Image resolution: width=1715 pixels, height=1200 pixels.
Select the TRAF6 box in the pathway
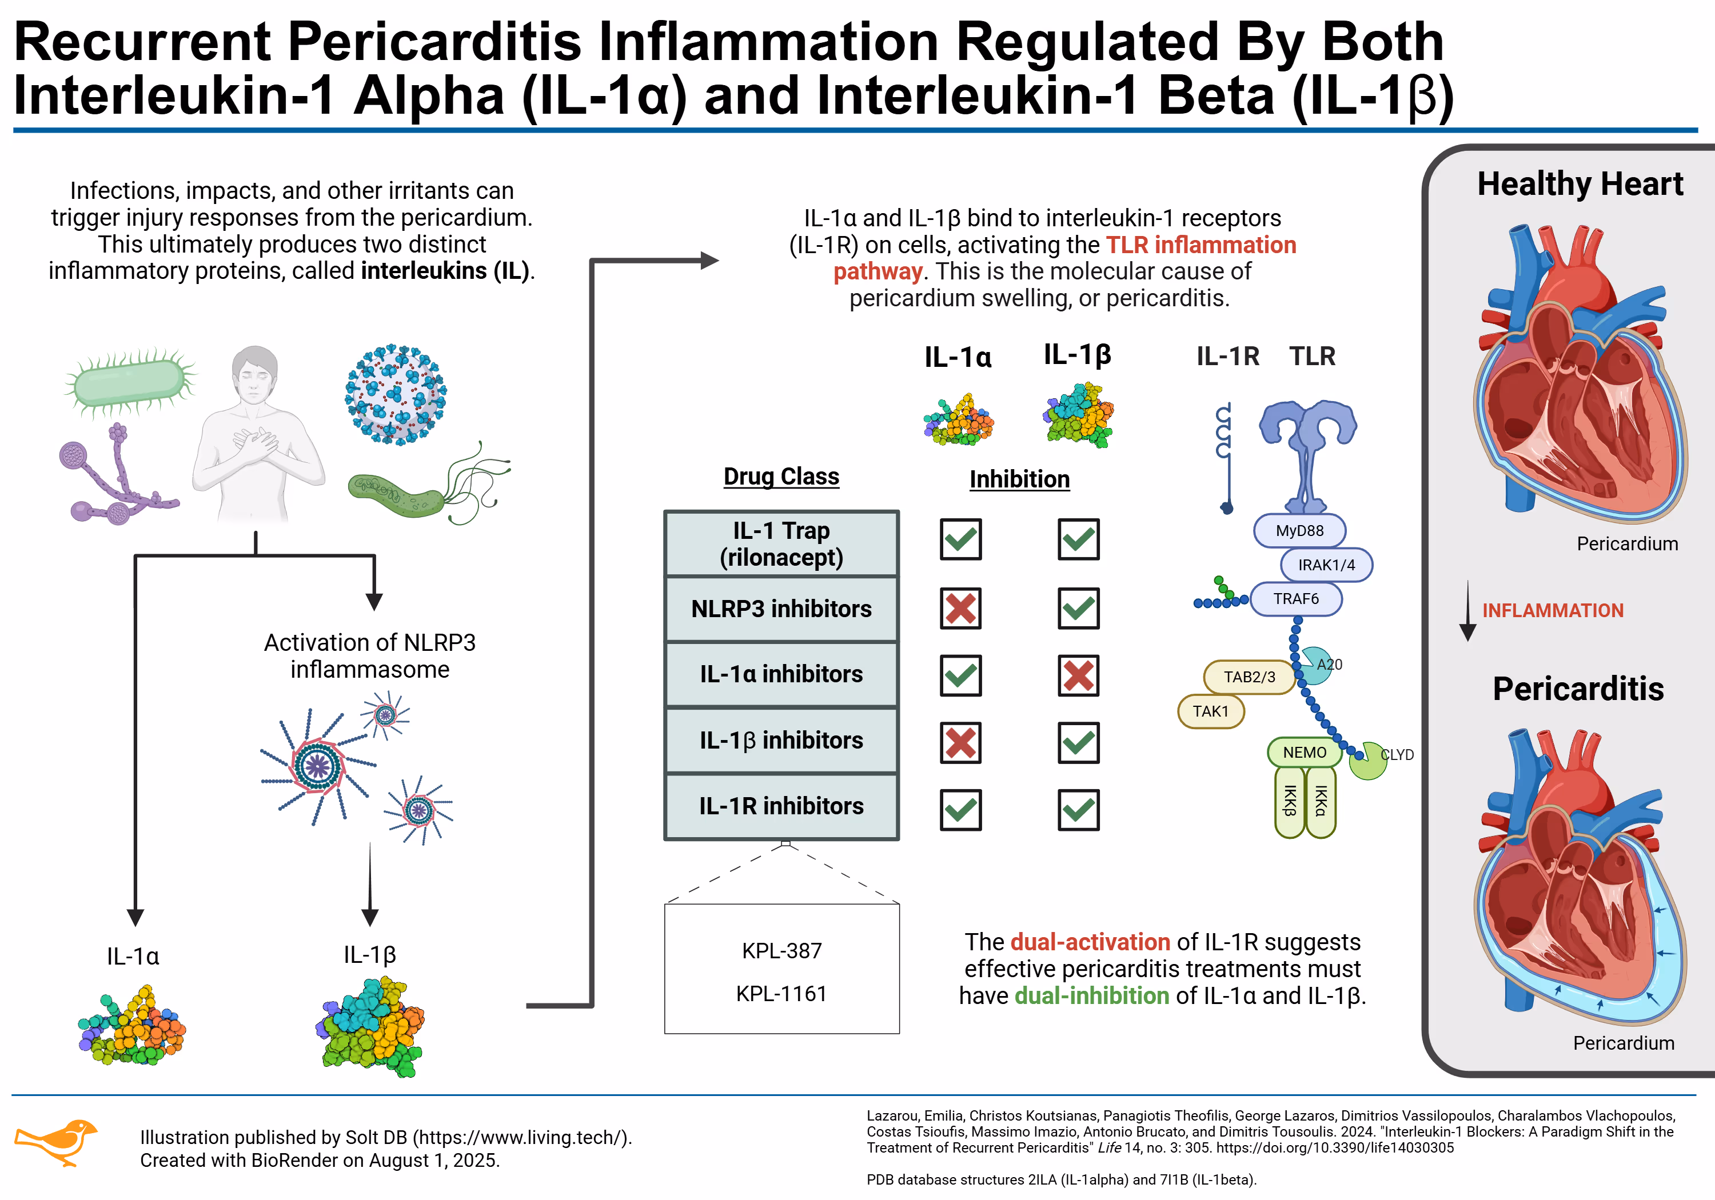[1296, 599]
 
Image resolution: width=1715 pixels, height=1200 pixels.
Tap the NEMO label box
[1304, 752]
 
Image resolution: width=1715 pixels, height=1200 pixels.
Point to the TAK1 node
[1210, 711]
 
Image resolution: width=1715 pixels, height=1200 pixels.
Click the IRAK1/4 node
[1326, 565]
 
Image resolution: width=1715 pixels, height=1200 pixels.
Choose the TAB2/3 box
[1249, 677]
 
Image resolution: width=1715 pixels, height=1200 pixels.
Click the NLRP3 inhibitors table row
[781, 609]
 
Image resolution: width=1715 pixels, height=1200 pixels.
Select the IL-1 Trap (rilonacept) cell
[781, 543]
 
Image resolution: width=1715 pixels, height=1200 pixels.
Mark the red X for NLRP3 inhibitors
[960, 608]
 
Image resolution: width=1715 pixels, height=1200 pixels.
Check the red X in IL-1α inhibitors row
[1078, 676]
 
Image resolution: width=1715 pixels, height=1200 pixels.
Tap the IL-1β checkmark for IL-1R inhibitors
[1078, 810]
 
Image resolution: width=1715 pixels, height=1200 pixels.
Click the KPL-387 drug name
[781, 951]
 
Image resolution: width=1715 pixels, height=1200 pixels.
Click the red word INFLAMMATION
[1552, 611]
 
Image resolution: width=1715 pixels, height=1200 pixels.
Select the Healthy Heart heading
[1580, 183]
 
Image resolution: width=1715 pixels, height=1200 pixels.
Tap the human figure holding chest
[256, 433]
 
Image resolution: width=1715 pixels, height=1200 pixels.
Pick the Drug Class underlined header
[781, 477]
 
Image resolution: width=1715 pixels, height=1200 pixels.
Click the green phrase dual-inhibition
[1091, 995]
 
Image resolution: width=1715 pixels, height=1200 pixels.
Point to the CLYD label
[1397, 754]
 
